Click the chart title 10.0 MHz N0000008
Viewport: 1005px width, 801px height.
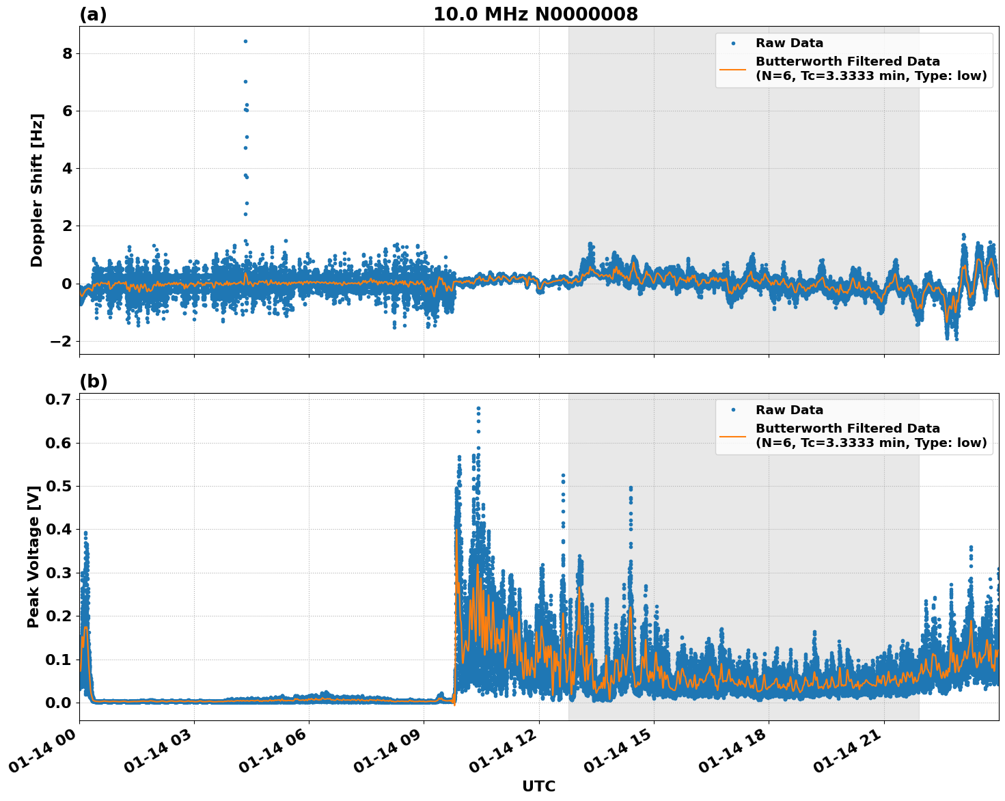coord(535,14)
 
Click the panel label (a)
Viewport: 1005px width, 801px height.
coord(93,14)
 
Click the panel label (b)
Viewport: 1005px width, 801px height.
coord(93,381)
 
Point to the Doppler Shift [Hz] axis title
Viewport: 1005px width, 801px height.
coord(37,190)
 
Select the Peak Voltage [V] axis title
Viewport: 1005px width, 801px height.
coord(33,556)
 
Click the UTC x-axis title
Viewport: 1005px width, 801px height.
coord(538,786)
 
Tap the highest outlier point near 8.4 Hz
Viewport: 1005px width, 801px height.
coord(245,41)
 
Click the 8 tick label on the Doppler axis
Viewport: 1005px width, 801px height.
coord(67,53)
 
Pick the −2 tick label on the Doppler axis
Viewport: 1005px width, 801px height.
coord(62,341)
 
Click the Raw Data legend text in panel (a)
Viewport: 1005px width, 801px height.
coord(789,43)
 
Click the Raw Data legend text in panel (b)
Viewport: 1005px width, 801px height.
coord(789,410)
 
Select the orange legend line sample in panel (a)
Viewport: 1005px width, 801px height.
coord(732,69)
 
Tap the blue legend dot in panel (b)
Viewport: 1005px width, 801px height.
coord(732,410)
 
